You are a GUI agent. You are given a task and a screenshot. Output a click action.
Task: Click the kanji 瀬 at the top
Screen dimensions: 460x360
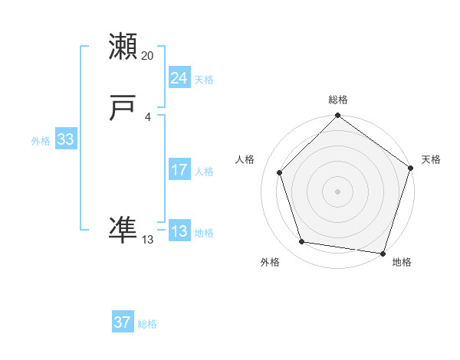(123, 47)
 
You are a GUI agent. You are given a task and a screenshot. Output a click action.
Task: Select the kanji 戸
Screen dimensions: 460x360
(123, 110)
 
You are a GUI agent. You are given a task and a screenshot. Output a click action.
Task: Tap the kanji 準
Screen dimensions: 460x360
(123, 228)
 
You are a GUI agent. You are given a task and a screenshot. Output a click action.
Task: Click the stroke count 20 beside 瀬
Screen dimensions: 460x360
(148, 56)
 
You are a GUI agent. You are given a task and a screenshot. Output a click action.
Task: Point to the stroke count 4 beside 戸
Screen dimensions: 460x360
(148, 117)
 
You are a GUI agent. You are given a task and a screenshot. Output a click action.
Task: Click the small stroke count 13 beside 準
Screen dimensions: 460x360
(148, 240)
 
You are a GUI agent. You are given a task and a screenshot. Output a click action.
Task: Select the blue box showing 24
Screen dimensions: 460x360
(179, 78)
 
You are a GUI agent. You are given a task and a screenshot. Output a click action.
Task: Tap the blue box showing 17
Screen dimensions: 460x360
(179, 170)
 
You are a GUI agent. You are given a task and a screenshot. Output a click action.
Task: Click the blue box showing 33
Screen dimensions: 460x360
(65, 139)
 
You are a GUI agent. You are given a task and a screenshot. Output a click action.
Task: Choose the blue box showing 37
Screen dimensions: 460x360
(122, 322)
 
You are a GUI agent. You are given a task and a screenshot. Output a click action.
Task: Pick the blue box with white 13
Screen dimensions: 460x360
(179, 231)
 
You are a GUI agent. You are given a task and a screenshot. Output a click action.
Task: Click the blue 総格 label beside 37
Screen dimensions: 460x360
(147, 324)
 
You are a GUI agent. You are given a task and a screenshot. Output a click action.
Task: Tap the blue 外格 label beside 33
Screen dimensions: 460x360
(41, 141)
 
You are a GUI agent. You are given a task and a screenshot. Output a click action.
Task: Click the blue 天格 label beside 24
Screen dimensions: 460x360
(204, 80)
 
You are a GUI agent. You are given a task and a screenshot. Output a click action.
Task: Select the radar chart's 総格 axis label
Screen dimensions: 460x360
(338, 100)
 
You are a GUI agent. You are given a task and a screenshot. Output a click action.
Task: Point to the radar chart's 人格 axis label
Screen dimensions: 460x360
(245, 159)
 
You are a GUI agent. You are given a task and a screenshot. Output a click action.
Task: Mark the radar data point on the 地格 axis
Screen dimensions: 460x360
(383, 253)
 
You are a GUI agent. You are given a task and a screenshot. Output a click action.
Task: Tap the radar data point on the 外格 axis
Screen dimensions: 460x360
(302, 242)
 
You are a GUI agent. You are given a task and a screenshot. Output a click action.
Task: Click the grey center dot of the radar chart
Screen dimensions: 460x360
(337, 191)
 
